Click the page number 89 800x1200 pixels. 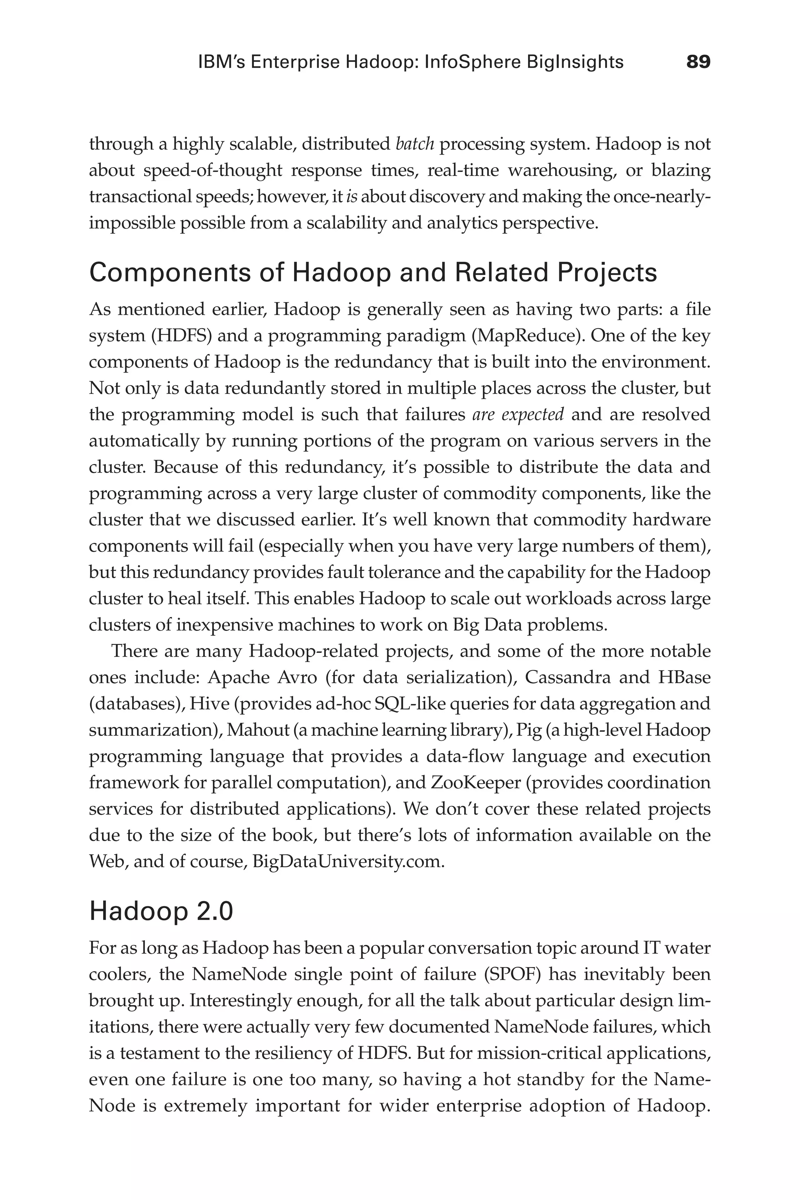click(698, 62)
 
